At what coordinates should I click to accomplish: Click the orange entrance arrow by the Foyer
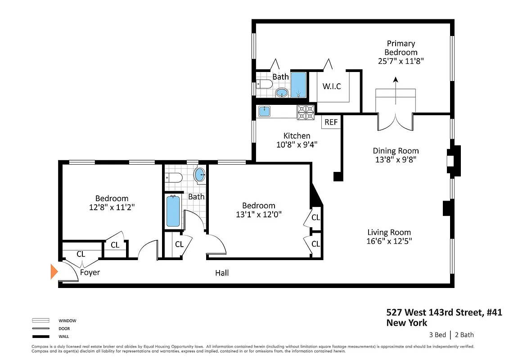[x=54, y=272]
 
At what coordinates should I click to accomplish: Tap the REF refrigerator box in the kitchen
[x=331, y=122]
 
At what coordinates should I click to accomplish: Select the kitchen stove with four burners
[x=306, y=112]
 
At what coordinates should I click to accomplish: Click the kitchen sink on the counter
[x=264, y=111]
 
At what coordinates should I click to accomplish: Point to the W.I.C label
[x=332, y=86]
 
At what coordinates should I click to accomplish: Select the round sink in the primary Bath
[x=282, y=93]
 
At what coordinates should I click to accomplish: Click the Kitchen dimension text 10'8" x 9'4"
[x=297, y=144]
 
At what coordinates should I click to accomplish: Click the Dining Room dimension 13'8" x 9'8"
[x=396, y=159]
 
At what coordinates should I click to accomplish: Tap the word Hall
[x=222, y=273]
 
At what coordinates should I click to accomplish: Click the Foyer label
[x=90, y=272]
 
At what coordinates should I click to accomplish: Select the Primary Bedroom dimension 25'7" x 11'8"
[x=401, y=61]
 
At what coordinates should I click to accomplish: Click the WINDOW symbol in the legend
[x=41, y=321]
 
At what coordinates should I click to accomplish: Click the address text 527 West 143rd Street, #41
[x=444, y=312]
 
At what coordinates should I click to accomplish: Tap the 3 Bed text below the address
[x=437, y=335]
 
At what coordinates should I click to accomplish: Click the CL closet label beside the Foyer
[x=81, y=254]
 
